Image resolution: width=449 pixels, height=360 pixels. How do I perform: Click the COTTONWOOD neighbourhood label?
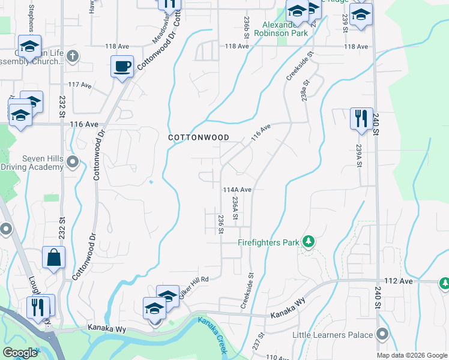pyautogui.click(x=199, y=137)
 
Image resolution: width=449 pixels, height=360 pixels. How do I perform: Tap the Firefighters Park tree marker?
pyautogui.click(x=309, y=241)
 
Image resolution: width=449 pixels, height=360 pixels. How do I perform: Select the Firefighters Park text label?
pyautogui.click(x=268, y=243)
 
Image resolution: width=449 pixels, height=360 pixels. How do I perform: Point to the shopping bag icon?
pyautogui.click(x=54, y=258)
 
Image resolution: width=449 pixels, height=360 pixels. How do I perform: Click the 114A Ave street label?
pyautogui.click(x=237, y=189)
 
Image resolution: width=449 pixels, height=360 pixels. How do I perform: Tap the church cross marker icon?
pyautogui.click(x=73, y=56)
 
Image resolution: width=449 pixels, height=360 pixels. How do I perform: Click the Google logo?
pyautogui.click(x=20, y=353)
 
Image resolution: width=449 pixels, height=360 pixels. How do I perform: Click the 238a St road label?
pyautogui.click(x=304, y=91)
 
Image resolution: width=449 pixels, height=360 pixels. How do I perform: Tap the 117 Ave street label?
pyautogui.click(x=80, y=85)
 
